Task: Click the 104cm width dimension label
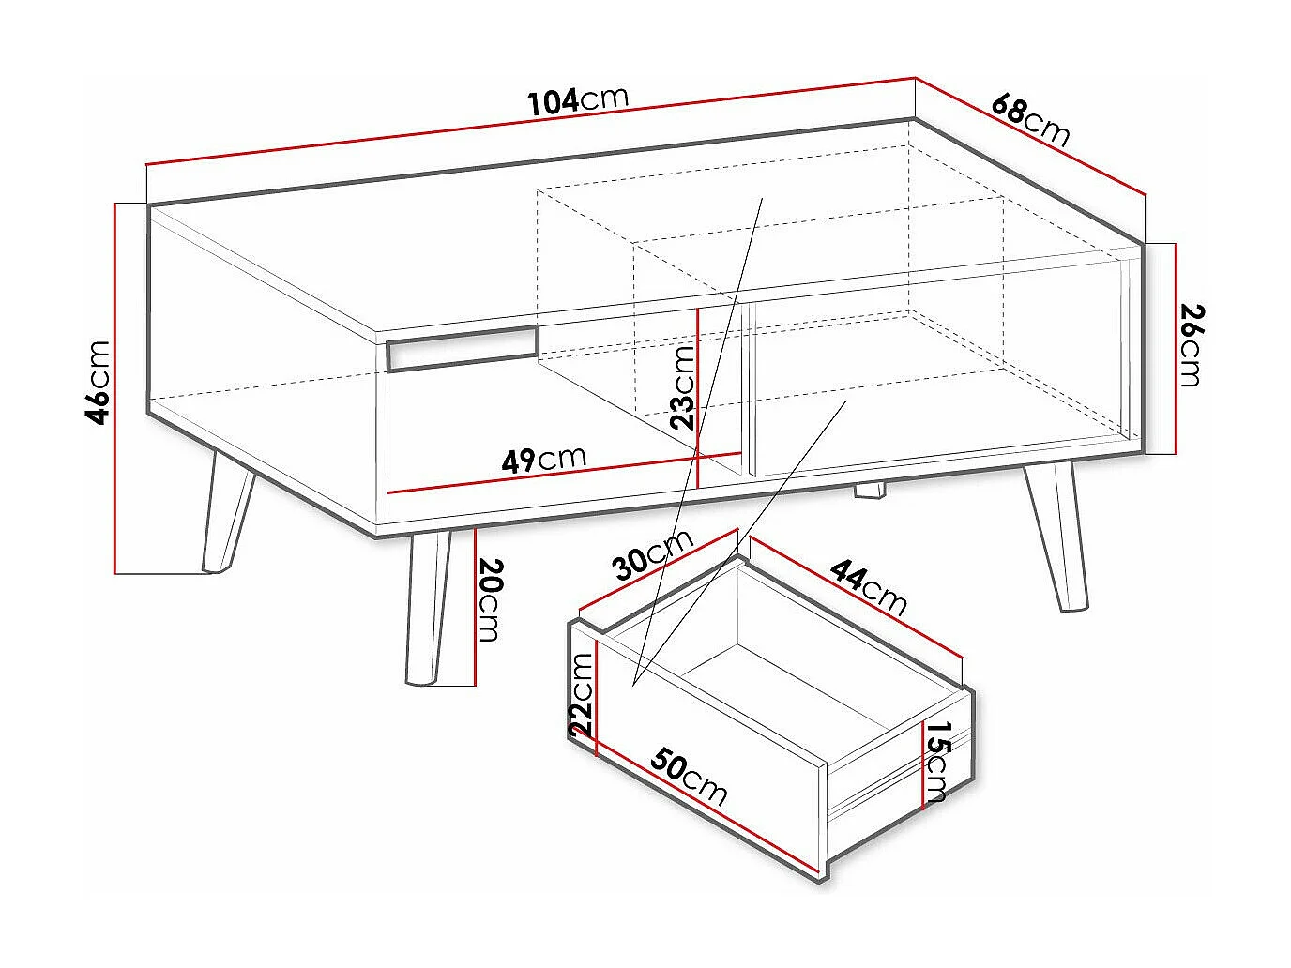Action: [578, 98]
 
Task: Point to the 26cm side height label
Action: [1190, 345]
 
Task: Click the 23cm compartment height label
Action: [683, 386]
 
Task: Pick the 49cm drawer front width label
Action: [544, 460]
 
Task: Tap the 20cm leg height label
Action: [491, 600]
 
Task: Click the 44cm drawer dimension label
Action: [869, 587]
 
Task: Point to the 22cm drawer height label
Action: [582, 694]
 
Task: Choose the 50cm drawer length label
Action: [690, 777]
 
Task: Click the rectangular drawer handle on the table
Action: [462, 348]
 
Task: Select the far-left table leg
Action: [226, 511]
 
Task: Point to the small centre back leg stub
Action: [871, 491]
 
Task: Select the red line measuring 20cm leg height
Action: [476, 606]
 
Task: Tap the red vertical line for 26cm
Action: [1176, 348]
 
